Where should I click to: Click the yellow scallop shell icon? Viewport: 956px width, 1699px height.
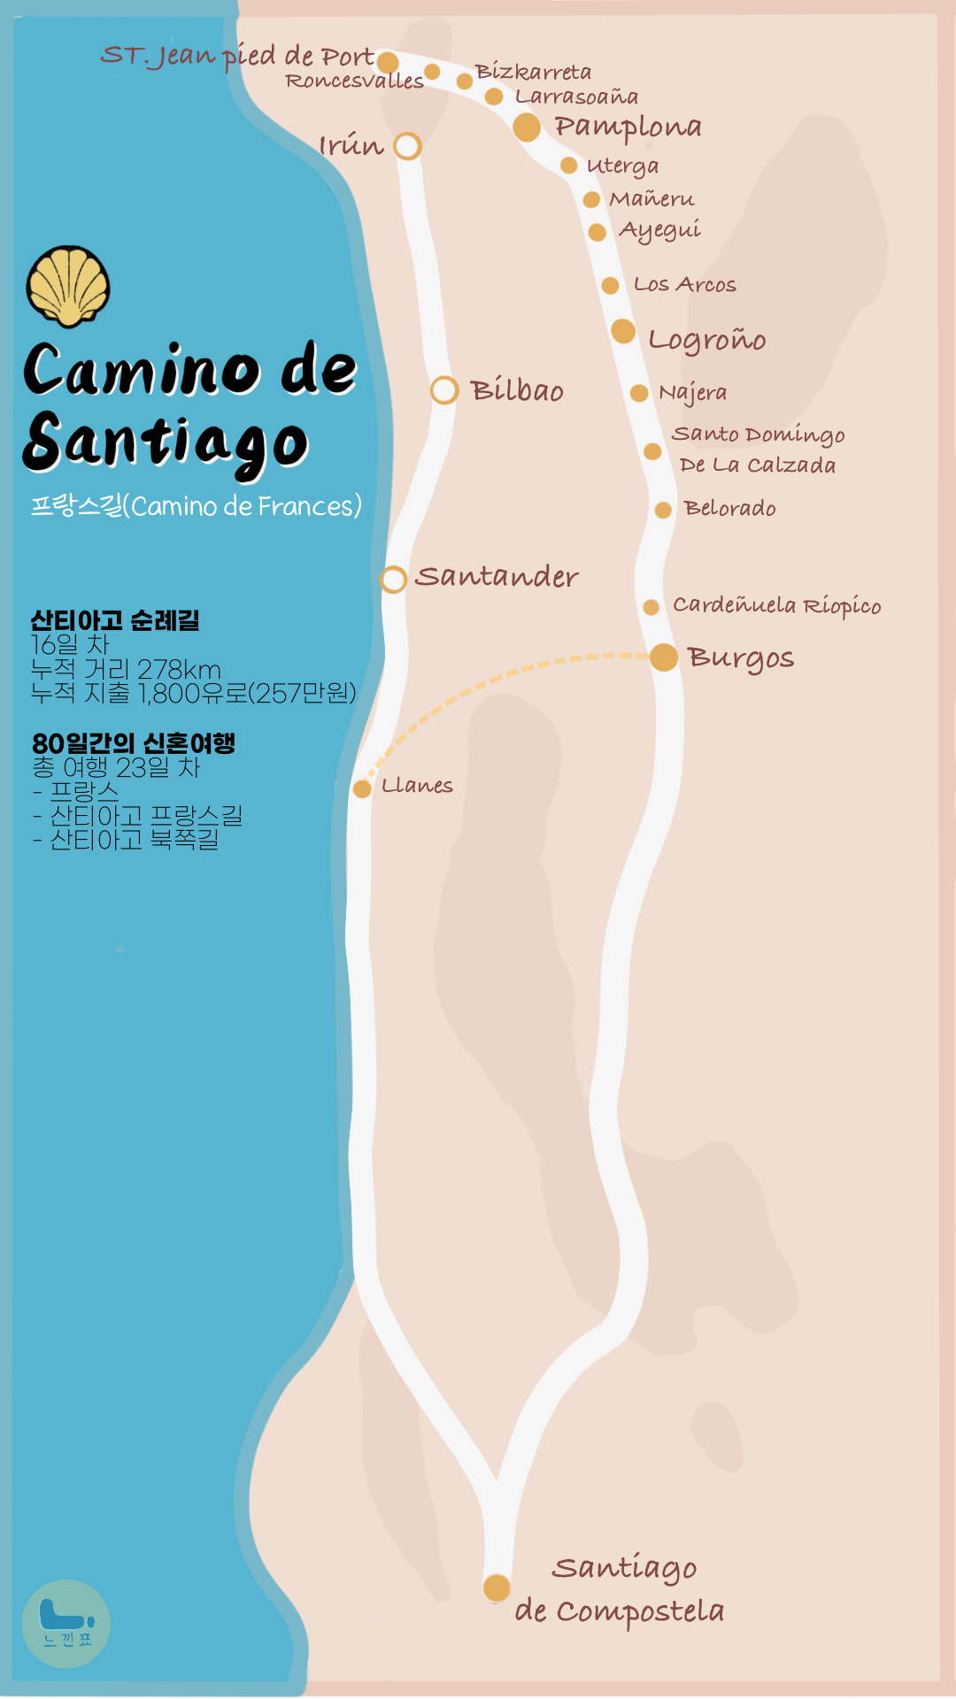(68, 286)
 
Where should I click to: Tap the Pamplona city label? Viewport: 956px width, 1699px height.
(628, 127)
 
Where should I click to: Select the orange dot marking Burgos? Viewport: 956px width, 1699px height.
(664, 657)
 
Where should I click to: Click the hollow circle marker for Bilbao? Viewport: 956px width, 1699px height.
(444, 390)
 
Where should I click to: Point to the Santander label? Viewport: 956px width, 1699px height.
(496, 577)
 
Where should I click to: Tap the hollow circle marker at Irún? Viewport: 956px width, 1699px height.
(407, 146)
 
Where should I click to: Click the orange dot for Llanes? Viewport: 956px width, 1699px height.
(362, 788)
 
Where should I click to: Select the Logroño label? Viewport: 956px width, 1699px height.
(706, 340)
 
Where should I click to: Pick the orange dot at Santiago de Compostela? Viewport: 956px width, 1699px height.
(497, 1588)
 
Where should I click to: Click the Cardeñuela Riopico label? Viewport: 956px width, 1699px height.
(776, 606)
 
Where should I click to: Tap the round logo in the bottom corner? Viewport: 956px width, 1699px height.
(66, 1624)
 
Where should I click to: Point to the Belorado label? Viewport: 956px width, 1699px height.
(729, 509)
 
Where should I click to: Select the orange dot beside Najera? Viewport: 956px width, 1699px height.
(639, 393)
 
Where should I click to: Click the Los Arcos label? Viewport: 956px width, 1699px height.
(684, 285)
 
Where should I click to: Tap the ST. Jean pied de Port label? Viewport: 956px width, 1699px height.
(237, 57)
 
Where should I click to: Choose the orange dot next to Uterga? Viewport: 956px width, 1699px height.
(569, 165)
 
